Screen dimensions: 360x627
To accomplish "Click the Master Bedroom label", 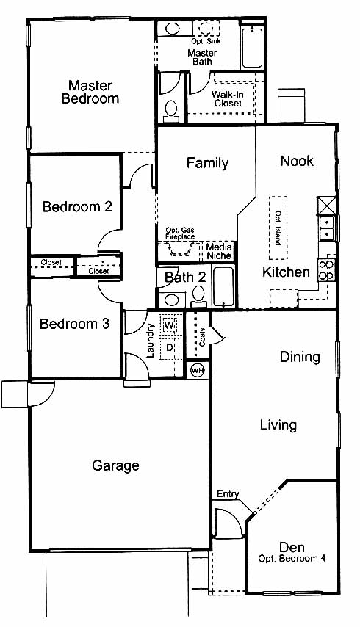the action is click(90, 92).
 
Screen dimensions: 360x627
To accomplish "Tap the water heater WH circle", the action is click(197, 371).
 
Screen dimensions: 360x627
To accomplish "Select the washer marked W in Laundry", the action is click(170, 325).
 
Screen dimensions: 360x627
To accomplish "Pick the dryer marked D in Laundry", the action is click(170, 347).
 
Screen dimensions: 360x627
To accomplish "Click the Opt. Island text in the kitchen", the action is click(278, 228).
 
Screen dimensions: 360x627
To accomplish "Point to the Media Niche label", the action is click(219, 251).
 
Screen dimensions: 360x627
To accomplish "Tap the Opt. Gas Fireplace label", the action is click(180, 233).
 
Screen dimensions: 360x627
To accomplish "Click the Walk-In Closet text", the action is click(228, 99).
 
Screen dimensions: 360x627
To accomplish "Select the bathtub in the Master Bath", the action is click(252, 48).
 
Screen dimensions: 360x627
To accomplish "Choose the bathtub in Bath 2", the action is click(223, 287).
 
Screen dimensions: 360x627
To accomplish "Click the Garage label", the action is click(115, 466).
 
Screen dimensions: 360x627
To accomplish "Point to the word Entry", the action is click(228, 494).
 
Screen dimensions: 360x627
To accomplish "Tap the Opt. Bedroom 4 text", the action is click(292, 558).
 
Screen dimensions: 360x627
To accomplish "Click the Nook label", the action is click(297, 161).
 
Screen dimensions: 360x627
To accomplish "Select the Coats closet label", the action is click(201, 338).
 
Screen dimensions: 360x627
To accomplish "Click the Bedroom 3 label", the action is click(74, 324).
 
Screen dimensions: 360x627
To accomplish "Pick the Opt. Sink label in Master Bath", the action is click(206, 41).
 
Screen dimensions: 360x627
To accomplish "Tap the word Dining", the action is click(300, 357).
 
